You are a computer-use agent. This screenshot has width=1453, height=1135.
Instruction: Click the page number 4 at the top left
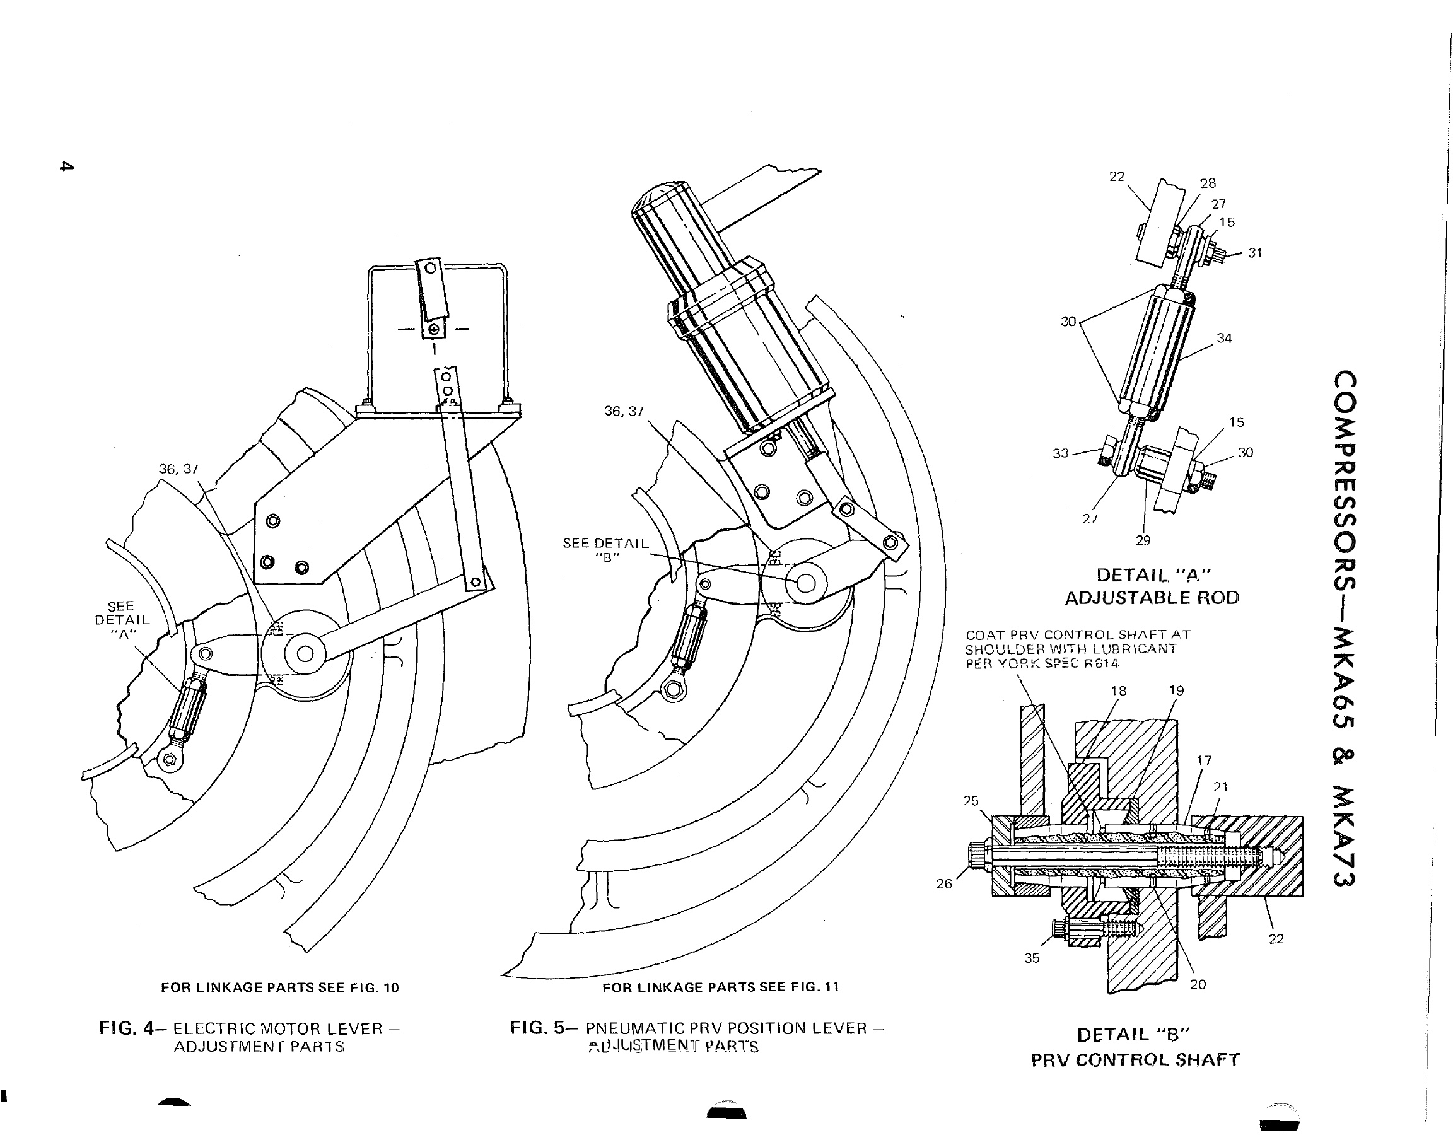click(x=64, y=166)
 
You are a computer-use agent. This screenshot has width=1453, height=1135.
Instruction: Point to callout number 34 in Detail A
click(x=1224, y=339)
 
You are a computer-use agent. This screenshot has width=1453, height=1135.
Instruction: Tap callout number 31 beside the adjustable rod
click(x=1255, y=253)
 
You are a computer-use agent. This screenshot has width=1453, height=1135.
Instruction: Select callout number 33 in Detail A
click(x=1061, y=453)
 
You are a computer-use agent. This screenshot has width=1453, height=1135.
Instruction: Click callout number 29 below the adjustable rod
click(x=1143, y=540)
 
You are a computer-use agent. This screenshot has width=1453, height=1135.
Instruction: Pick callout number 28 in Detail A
click(x=1208, y=183)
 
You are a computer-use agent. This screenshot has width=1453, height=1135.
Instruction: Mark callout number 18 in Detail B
click(x=1118, y=690)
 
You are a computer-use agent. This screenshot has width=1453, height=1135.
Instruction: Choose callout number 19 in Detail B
click(x=1176, y=690)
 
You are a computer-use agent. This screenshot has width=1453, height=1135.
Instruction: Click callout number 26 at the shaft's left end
click(x=944, y=883)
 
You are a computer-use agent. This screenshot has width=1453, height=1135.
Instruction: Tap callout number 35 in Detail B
click(x=1031, y=958)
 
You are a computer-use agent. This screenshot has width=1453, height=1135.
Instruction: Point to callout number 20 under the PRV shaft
click(x=1198, y=984)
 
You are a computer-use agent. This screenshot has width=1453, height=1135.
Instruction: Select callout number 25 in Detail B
click(x=971, y=800)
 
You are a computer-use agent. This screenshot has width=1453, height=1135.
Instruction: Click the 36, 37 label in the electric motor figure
click(x=178, y=469)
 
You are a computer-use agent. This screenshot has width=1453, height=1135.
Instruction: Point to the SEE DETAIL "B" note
click(x=605, y=550)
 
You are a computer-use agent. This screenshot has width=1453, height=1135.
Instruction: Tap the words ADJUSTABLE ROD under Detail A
click(x=1152, y=597)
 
